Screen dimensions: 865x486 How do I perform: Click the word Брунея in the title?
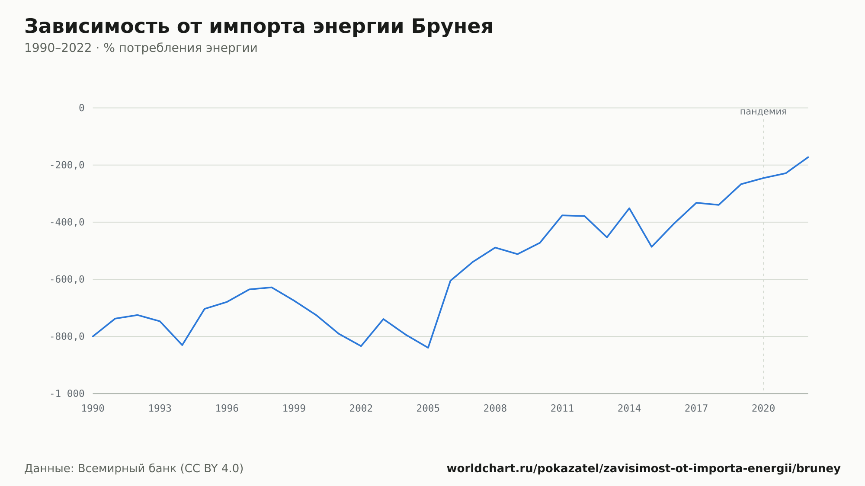(x=452, y=27)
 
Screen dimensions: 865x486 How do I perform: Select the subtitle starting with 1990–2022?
(x=141, y=48)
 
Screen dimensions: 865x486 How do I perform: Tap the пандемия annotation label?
(x=763, y=112)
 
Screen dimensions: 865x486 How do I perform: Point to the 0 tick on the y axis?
(x=82, y=108)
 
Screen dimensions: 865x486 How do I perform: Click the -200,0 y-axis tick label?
(x=67, y=165)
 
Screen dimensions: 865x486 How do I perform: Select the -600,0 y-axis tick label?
(x=67, y=279)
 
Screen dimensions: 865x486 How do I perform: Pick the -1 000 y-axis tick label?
(x=67, y=393)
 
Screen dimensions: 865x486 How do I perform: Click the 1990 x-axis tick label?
(x=93, y=409)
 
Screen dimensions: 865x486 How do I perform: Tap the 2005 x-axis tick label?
(x=428, y=409)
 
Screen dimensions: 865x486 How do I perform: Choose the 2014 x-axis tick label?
(x=629, y=409)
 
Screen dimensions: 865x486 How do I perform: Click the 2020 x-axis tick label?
(x=763, y=409)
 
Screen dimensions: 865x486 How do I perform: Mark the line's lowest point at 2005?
(x=428, y=348)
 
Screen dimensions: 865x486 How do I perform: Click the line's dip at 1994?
(x=182, y=345)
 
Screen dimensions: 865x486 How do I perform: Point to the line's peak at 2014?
(x=629, y=208)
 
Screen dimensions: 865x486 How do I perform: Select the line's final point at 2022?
(x=808, y=157)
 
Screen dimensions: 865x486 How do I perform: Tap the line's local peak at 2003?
(x=383, y=319)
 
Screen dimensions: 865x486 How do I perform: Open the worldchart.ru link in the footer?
(x=644, y=469)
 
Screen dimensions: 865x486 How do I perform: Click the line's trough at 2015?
(x=652, y=247)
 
